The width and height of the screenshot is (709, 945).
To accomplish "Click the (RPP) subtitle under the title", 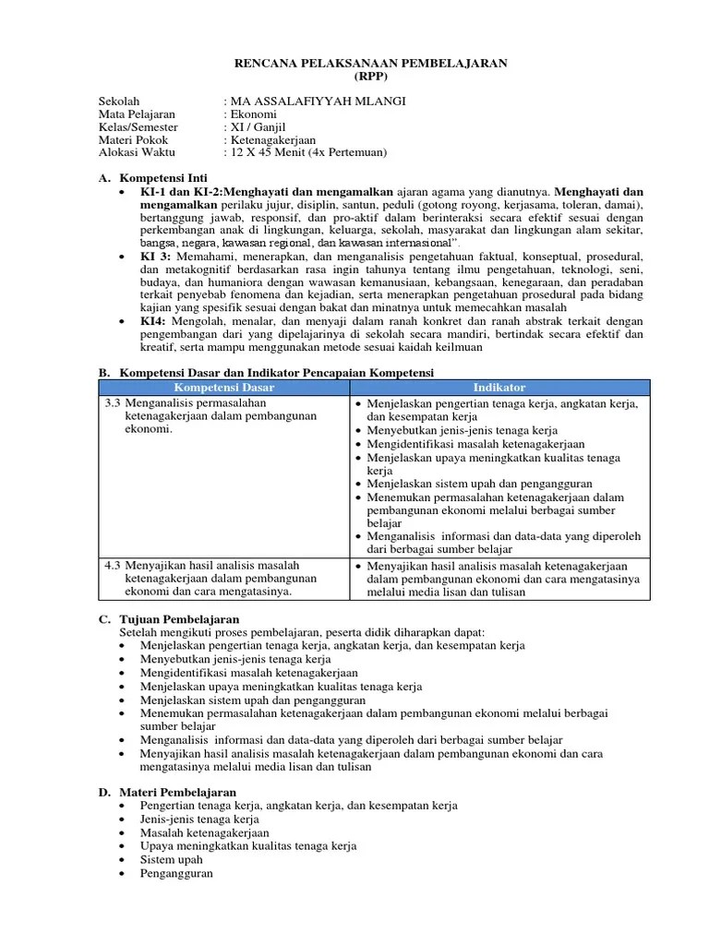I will point(367,76).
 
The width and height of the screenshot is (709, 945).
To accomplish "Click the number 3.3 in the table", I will point(113,403).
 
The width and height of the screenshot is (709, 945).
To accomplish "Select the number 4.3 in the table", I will point(113,565).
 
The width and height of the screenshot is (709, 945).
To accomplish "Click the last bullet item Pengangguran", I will point(176,872).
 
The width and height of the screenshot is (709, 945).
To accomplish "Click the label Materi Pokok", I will point(135,139).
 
